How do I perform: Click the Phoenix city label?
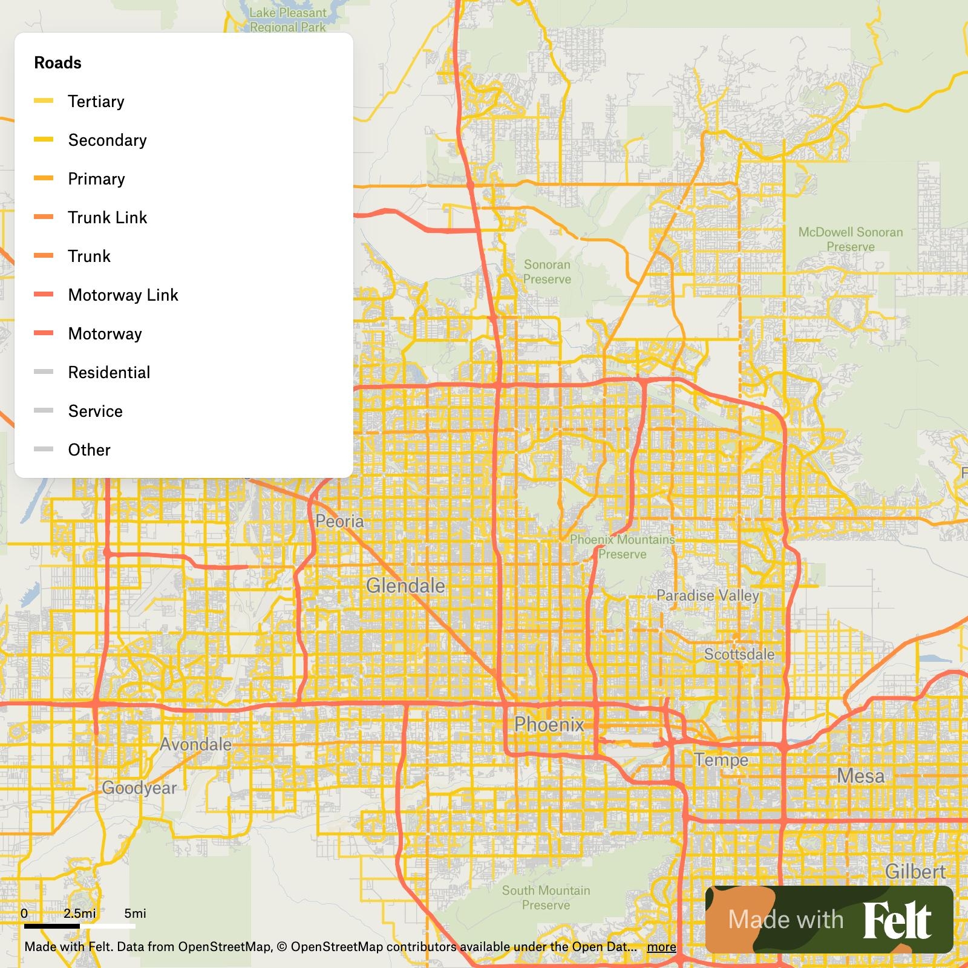tap(549, 724)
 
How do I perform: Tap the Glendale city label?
tap(405, 586)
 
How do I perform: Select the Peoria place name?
tap(339, 521)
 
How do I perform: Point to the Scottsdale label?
tap(739, 654)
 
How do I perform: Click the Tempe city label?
tap(721, 760)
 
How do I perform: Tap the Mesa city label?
tap(860, 776)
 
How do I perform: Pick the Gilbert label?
tap(915, 872)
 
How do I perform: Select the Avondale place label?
tap(195, 744)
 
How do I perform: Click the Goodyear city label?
tap(139, 788)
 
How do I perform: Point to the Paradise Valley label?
tap(707, 595)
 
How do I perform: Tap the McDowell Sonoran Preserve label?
tap(850, 240)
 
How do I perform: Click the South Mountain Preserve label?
tap(546, 898)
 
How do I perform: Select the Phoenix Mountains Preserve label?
tap(622, 547)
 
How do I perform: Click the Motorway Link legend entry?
tap(123, 295)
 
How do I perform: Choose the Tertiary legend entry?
tap(96, 102)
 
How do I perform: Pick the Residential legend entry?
tap(109, 373)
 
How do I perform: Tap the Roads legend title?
tap(57, 63)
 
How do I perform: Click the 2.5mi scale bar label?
tap(80, 914)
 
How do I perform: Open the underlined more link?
tap(661, 947)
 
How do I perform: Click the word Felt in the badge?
tap(897, 921)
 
